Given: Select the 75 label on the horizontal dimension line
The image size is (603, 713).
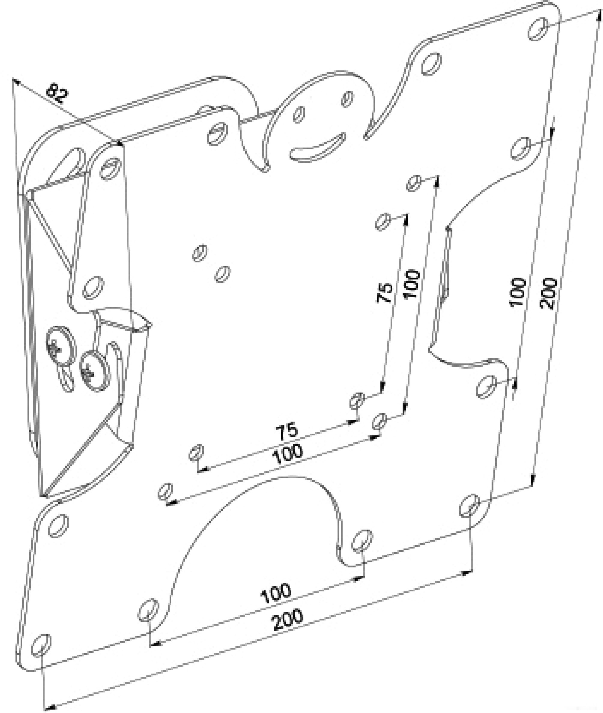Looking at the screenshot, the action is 287,431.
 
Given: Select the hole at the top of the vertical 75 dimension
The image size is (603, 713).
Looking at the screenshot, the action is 383,222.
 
